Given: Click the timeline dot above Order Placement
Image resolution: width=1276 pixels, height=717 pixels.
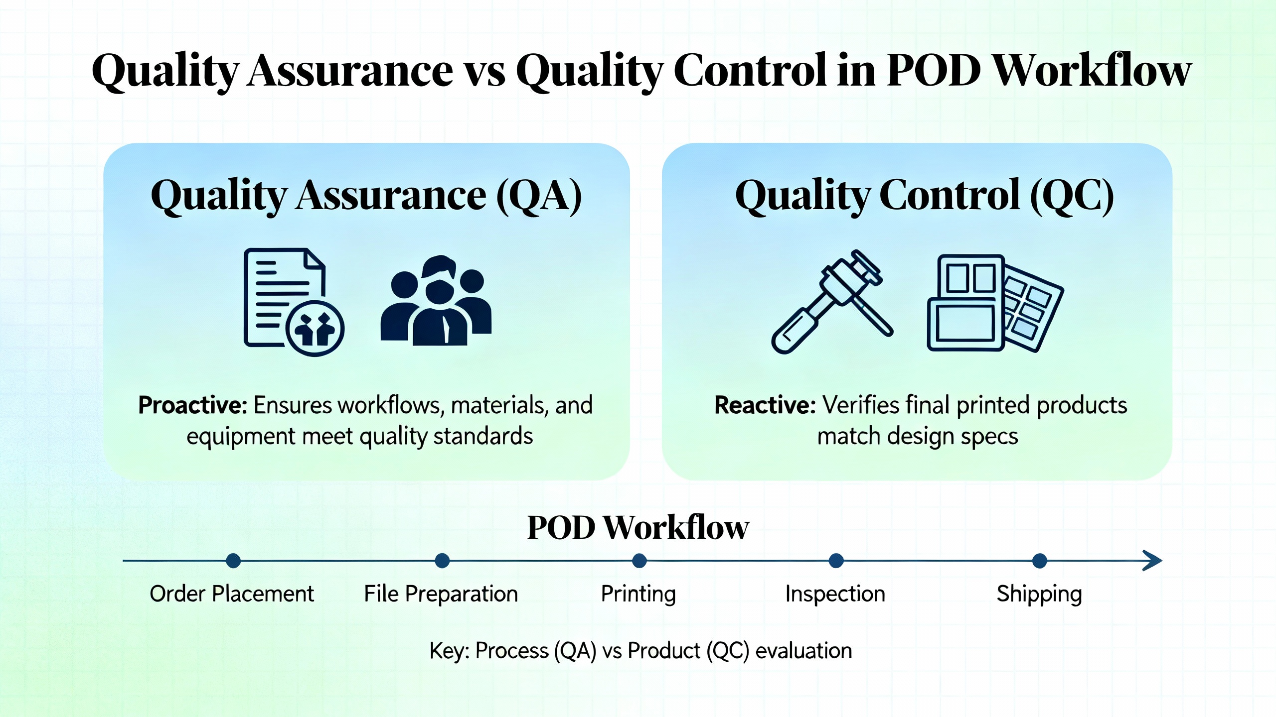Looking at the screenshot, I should pos(233,561).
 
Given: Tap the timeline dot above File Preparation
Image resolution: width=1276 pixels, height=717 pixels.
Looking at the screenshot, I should pos(442,561).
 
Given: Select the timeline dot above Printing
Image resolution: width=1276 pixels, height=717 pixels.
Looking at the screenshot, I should pos(639,561).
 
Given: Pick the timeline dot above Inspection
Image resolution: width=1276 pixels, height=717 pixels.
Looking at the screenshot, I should pos(836,561).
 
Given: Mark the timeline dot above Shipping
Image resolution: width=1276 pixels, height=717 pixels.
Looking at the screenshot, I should pos(1039,561).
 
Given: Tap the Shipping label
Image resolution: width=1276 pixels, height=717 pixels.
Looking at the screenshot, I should pos(1039,594).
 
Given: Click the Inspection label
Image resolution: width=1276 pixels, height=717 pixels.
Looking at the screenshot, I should pos(835,594).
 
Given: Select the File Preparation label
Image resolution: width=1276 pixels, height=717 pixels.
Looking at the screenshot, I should pos(441,594).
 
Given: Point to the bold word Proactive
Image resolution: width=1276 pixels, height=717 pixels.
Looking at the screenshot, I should pos(192,405).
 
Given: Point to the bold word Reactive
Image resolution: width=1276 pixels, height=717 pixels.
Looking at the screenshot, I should pos(765,405).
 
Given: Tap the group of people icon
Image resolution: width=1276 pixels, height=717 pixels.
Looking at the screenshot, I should pos(436,301).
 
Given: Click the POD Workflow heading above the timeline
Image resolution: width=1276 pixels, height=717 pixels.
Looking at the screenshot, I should pos(638,528).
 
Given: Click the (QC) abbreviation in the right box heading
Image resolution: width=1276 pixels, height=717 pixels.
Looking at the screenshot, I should pos(1072,196).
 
